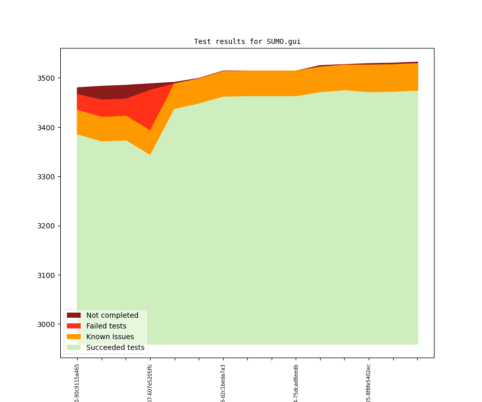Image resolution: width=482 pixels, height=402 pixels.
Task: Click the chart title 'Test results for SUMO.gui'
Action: click(247, 42)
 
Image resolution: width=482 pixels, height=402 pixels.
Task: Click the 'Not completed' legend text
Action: click(112, 315)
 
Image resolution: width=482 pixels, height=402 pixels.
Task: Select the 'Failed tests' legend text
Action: click(106, 326)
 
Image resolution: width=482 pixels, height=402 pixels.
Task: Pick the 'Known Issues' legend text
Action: click(110, 337)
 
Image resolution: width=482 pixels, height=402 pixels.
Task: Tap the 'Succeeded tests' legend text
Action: click(115, 347)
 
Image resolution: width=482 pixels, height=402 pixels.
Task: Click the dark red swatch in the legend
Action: click(74, 315)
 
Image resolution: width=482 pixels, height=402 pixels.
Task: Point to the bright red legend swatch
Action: click(74, 326)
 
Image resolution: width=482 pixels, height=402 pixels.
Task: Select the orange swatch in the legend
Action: click(74, 337)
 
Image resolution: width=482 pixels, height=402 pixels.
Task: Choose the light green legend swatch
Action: click(74, 347)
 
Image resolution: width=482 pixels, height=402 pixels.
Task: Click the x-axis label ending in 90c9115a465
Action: click(77, 383)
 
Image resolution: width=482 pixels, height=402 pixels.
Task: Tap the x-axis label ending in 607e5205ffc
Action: click(150, 383)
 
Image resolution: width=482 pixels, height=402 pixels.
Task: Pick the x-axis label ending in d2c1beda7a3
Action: click(223, 383)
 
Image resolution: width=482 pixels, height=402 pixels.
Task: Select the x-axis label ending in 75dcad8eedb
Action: click(296, 383)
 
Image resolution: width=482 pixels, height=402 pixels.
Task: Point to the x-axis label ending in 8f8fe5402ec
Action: click(369, 383)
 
